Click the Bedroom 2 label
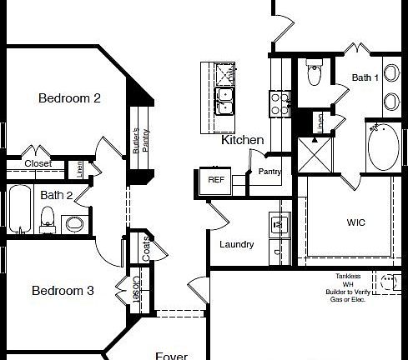(x=69, y=98)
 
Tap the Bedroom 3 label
(x=63, y=291)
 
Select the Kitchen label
(x=242, y=141)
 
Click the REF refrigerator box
(x=216, y=180)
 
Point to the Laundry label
(x=236, y=244)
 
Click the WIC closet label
(x=356, y=223)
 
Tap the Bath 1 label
(x=365, y=77)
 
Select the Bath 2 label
(x=57, y=195)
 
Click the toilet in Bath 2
(x=48, y=218)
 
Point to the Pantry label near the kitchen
(x=269, y=172)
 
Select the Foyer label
(x=171, y=355)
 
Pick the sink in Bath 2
(x=75, y=223)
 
